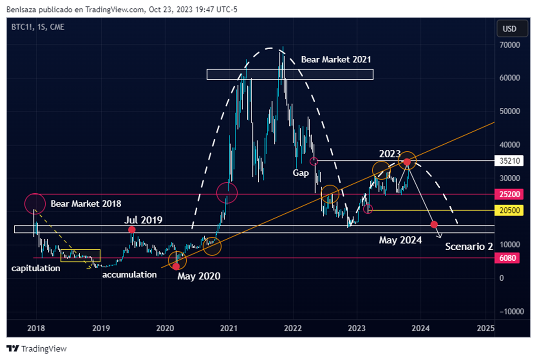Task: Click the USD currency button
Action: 509,29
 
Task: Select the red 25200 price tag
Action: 510,194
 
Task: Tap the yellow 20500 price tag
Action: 510,210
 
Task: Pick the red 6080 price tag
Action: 510,258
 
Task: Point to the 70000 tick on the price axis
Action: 509,45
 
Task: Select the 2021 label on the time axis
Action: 229,328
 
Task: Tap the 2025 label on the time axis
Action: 485,328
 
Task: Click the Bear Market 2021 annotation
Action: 336,60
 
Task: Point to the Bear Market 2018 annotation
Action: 86,203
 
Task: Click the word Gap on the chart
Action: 301,173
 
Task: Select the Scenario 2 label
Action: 469,247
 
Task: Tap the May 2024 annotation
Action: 400,240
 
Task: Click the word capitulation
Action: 36,268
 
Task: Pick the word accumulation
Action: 129,275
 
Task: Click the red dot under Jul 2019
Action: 132,230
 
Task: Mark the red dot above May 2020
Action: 177,265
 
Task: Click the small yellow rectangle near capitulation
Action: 80,255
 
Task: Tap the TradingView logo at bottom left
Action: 36,349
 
